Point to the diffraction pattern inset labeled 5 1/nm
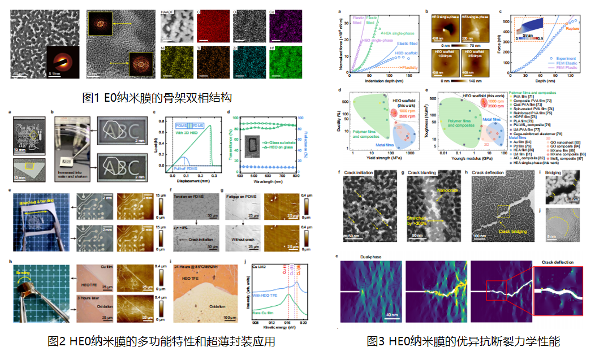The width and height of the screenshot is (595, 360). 62,63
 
